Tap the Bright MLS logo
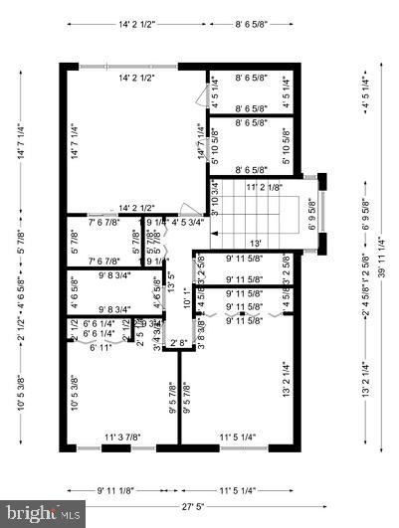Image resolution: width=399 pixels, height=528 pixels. click(43, 514)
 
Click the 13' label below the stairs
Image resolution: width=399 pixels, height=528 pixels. click(257, 243)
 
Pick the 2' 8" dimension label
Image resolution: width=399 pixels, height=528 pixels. click(179, 343)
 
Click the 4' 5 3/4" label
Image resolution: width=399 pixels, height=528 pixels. click(189, 222)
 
